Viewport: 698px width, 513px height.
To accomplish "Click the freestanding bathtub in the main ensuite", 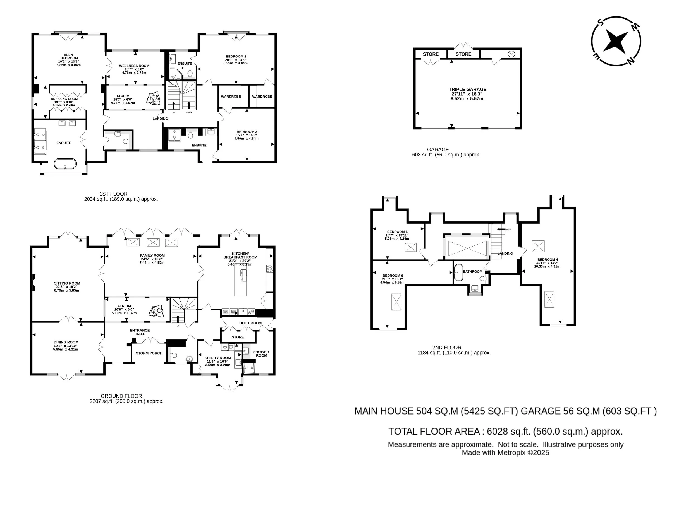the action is click(x=65, y=164).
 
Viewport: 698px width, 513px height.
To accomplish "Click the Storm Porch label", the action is click(x=149, y=353).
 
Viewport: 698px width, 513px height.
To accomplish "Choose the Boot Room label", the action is click(x=250, y=323).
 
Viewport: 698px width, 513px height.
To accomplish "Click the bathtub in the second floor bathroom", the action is click(x=458, y=273).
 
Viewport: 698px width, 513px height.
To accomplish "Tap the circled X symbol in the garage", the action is click(x=511, y=54).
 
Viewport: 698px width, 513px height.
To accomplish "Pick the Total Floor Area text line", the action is click(x=505, y=431).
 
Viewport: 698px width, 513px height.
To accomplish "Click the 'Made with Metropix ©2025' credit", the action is click(x=505, y=453).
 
